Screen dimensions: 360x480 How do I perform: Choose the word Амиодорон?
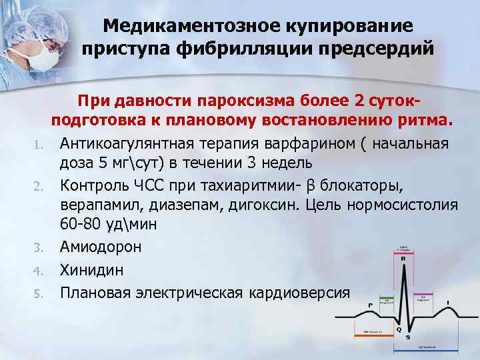click(x=101, y=247)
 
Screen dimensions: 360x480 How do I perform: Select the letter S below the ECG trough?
click(x=407, y=337)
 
